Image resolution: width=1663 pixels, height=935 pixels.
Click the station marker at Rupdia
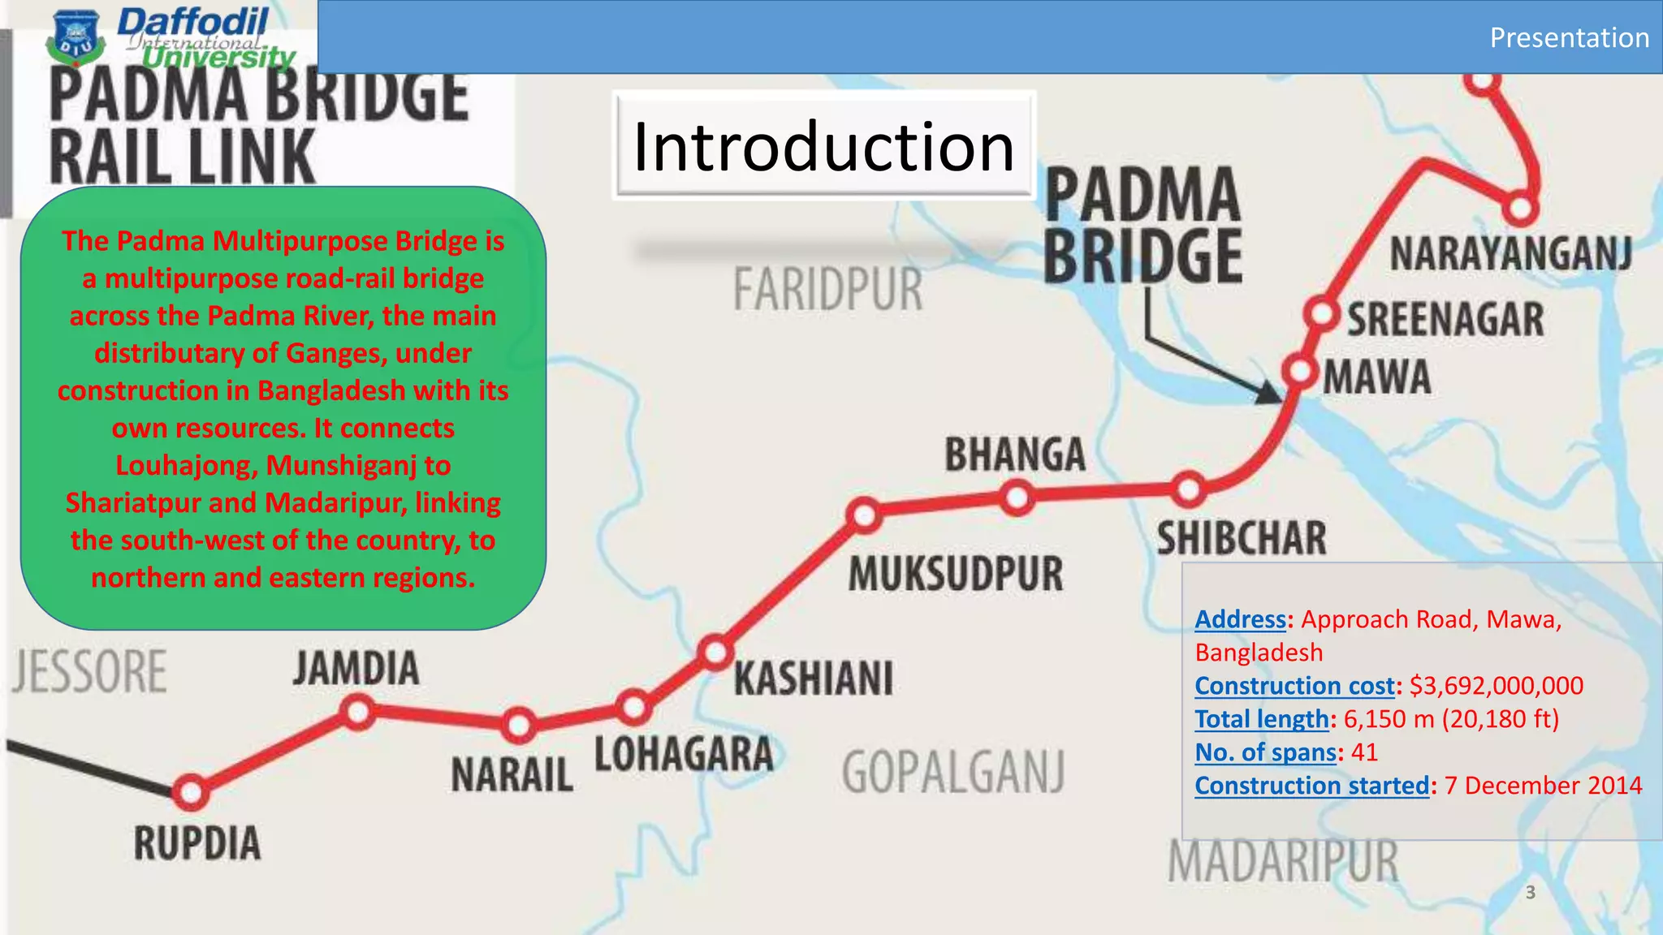(191, 791)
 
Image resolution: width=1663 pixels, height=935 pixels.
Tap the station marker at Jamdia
(357, 712)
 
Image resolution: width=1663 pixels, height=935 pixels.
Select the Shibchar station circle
(1189, 489)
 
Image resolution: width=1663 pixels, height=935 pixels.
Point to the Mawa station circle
(1301, 372)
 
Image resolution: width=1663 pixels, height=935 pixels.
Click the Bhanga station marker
(1017, 497)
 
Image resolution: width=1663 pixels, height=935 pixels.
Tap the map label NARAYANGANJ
(1510, 254)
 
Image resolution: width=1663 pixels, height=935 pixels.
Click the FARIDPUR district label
(827, 290)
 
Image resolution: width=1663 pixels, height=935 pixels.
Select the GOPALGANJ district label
(952, 772)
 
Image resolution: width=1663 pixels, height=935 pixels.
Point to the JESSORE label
(90, 672)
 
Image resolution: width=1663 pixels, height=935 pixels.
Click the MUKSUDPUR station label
(955, 574)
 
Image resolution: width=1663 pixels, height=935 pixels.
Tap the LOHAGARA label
(684, 754)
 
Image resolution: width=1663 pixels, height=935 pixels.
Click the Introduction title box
(823, 146)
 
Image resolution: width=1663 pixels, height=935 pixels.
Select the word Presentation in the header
(1569, 37)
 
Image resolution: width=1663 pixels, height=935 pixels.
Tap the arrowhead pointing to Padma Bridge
(1268, 393)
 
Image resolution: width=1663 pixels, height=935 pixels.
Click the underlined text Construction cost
(1294, 686)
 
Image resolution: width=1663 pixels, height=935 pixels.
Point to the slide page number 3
(1531, 893)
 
